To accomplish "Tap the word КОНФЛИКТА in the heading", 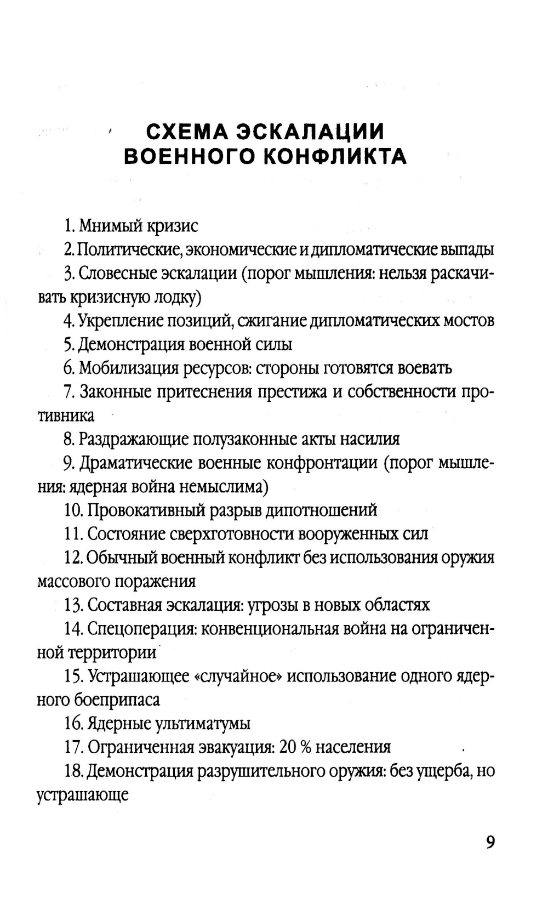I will [335, 157].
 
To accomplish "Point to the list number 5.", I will [68, 344].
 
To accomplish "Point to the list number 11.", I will [73, 534].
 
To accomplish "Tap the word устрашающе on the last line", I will [82, 795].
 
